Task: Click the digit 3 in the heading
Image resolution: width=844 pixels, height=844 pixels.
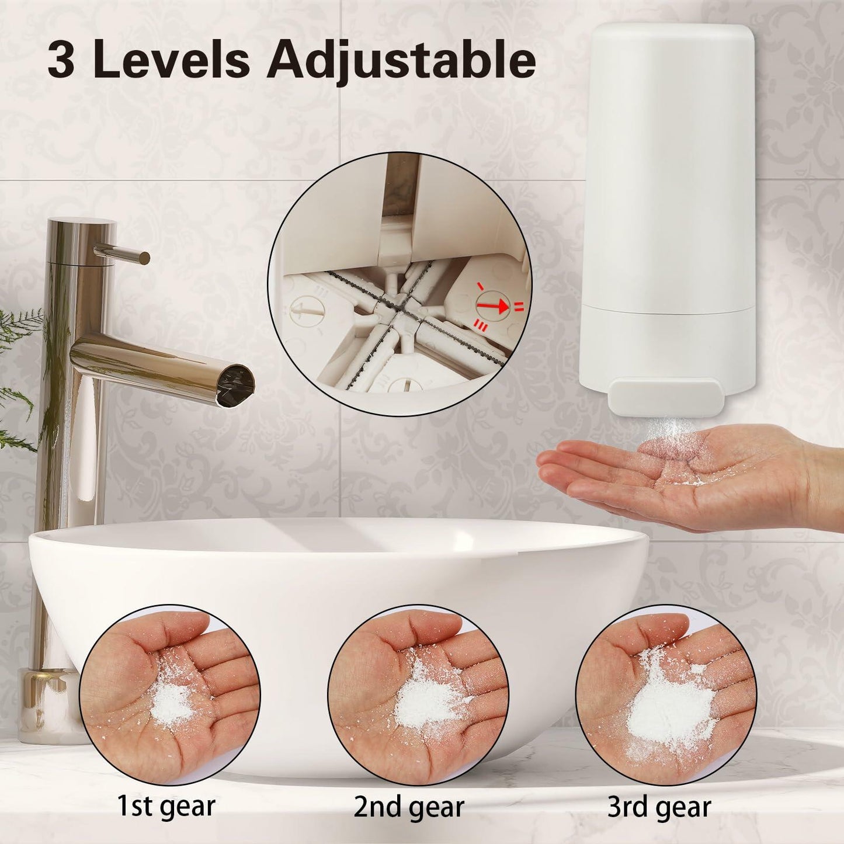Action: pyautogui.click(x=61, y=60)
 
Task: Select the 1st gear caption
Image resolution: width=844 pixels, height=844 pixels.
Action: pyautogui.click(x=166, y=806)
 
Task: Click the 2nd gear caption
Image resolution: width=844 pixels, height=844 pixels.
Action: pyautogui.click(x=408, y=807)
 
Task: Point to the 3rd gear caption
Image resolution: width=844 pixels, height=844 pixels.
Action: pyautogui.click(x=659, y=807)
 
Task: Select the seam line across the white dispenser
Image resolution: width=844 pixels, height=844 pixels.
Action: pyautogui.click(x=666, y=310)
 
